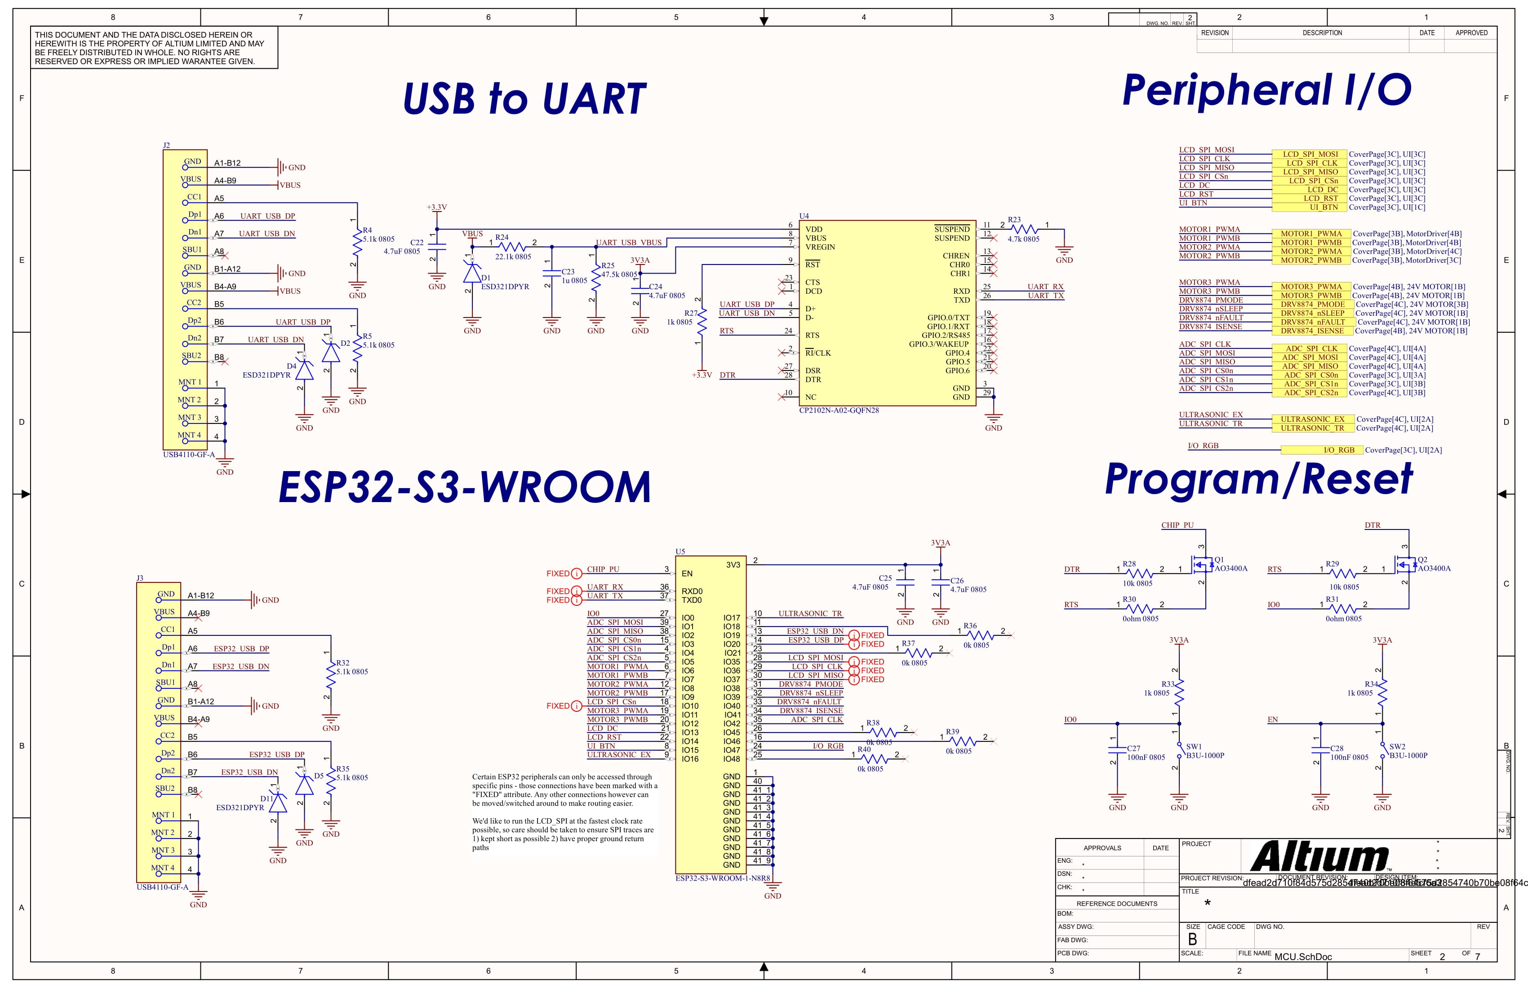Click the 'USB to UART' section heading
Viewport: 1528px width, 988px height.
[x=524, y=99]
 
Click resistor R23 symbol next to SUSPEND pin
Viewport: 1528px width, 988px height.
[x=1025, y=229]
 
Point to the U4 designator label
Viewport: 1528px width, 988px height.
[x=804, y=216]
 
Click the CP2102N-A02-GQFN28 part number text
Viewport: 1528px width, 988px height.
[x=839, y=410]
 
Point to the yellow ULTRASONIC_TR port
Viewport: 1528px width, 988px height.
[x=1312, y=428]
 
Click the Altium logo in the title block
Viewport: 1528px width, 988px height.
[x=1319, y=856]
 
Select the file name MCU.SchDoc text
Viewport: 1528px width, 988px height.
[x=1303, y=957]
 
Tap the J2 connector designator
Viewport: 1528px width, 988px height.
[x=166, y=146]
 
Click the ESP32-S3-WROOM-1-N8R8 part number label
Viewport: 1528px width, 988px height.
[x=722, y=878]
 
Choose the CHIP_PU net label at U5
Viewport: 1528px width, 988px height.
[x=603, y=569]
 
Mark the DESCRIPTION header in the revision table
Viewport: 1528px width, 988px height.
[x=1322, y=33]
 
